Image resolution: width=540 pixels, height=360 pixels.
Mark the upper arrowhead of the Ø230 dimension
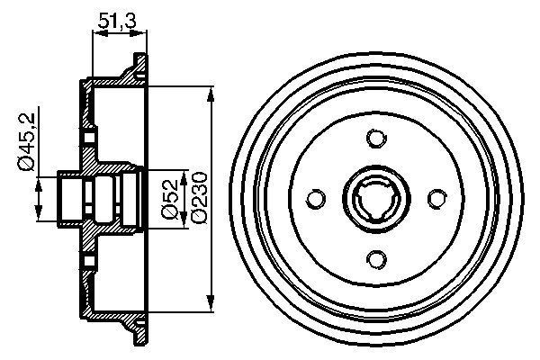211,93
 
